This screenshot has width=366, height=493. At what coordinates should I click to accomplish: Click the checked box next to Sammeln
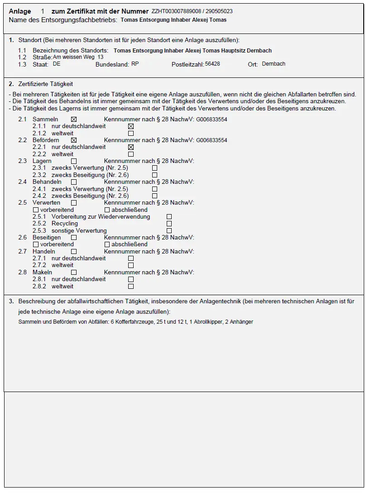click(x=74, y=120)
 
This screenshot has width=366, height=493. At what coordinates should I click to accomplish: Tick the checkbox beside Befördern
click(x=74, y=140)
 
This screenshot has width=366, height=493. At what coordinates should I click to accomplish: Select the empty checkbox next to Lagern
click(x=74, y=161)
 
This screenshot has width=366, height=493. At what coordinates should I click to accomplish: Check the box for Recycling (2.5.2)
click(x=169, y=224)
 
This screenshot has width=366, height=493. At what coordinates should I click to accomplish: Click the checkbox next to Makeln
click(x=74, y=273)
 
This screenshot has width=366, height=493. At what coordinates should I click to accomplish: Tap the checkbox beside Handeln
click(x=74, y=252)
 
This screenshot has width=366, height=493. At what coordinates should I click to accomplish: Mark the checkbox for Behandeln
click(x=74, y=182)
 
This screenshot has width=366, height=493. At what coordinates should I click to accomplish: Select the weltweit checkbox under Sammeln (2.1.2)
click(x=131, y=134)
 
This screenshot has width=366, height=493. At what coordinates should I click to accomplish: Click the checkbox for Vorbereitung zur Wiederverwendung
click(x=169, y=217)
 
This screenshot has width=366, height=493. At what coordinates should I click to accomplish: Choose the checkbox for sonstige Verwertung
click(x=169, y=231)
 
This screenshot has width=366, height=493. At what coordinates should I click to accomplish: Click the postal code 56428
click(x=212, y=64)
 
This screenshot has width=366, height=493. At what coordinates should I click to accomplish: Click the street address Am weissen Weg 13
click(x=78, y=57)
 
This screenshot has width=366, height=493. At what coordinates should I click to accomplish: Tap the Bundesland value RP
click(x=135, y=64)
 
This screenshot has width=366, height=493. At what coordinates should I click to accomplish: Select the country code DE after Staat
click(x=57, y=64)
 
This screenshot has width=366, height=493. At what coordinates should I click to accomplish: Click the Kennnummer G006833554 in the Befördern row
click(x=212, y=140)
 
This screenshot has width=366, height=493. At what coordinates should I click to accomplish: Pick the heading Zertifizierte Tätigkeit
click(x=45, y=84)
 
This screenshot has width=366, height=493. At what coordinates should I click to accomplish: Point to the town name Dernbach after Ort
click(x=274, y=64)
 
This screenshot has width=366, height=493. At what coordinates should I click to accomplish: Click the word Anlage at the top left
click(x=20, y=11)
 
